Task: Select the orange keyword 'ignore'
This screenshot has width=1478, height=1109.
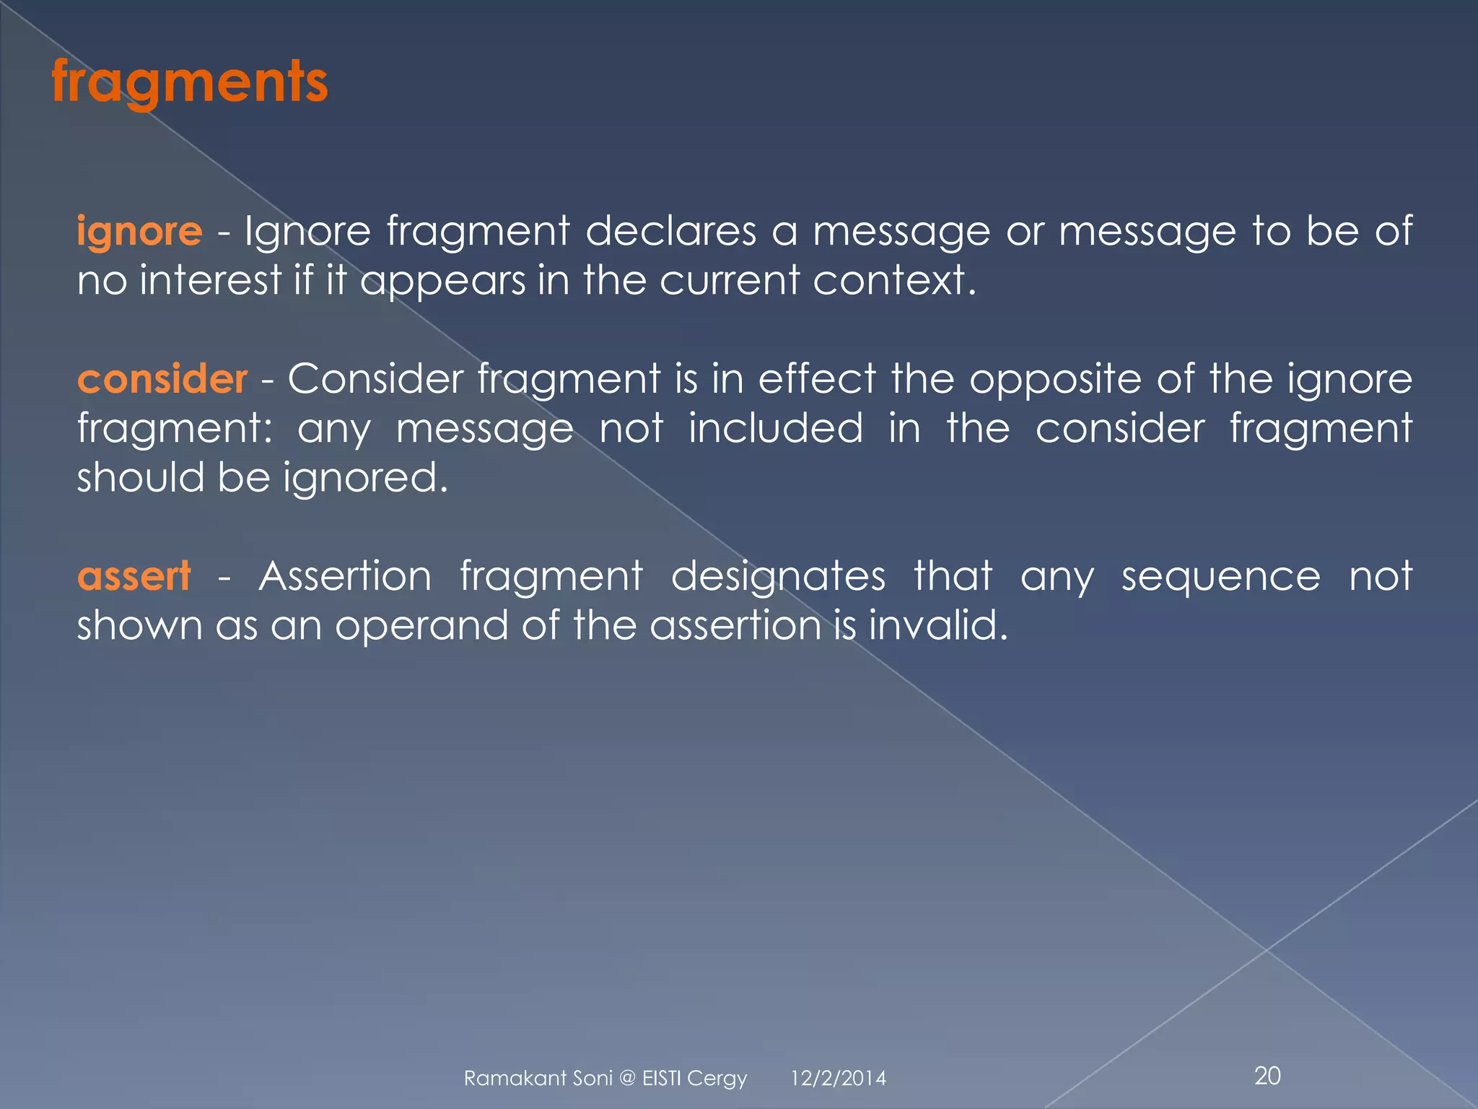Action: pos(139,232)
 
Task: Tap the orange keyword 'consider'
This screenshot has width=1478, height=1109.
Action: pos(162,379)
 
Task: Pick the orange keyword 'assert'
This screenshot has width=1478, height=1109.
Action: pos(134,576)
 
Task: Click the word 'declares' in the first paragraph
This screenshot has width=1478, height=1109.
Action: pos(670,231)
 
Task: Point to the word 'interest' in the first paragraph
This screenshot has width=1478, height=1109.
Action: pos(210,280)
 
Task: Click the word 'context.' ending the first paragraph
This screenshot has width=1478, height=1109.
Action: pos(894,280)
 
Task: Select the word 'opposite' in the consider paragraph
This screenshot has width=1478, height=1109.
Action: pos(1055,379)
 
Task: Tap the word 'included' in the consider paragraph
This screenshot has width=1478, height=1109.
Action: pos(775,428)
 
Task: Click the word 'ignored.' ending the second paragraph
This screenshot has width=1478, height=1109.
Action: pos(366,478)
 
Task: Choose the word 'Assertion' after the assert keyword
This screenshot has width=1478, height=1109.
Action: pos(345,576)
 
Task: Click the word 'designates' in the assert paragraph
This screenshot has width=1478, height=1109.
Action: pos(778,576)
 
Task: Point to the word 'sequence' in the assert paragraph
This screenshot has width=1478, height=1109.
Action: pos(1220,576)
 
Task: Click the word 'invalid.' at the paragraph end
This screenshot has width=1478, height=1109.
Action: pos(938,625)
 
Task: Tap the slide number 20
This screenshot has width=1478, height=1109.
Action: pos(1267,1076)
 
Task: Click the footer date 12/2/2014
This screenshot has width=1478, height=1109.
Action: pos(838,1079)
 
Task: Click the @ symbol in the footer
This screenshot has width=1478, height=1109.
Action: pos(627,1079)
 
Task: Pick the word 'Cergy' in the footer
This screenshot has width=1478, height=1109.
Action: pos(717,1079)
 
